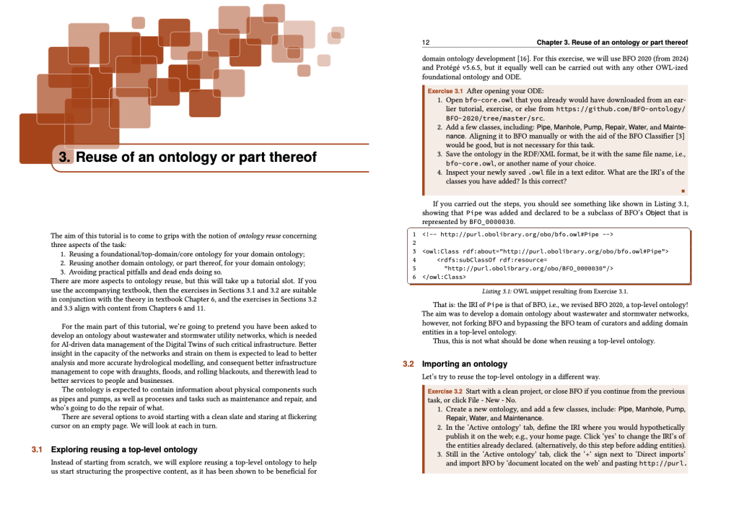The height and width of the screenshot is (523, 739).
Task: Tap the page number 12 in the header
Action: tap(426, 43)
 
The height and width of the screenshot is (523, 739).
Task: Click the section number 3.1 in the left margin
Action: tap(37, 449)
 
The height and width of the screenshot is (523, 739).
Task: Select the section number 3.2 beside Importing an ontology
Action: tap(408, 364)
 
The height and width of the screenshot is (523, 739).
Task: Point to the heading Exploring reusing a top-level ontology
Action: tap(123, 449)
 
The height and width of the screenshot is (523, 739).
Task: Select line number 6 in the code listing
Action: tap(414, 277)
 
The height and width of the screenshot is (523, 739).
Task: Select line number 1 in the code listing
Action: tap(414, 235)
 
